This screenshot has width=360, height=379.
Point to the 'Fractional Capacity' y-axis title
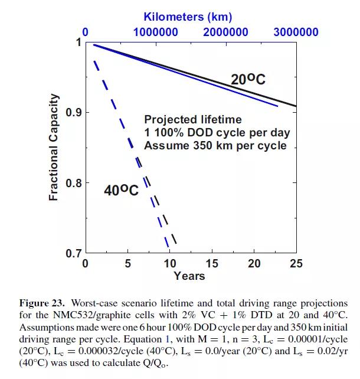(x=54, y=147)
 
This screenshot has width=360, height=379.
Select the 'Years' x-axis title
(x=189, y=276)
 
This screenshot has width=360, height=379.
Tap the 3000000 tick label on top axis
(x=296, y=32)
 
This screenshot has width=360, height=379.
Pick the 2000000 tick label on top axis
(x=226, y=32)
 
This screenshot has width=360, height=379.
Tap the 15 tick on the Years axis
(x=212, y=263)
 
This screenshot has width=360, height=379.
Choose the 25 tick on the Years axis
(x=296, y=263)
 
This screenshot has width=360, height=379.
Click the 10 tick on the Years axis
(x=170, y=263)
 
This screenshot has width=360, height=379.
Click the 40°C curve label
(x=121, y=190)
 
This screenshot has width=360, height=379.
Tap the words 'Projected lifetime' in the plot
(x=193, y=119)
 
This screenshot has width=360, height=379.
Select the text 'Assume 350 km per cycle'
(x=215, y=145)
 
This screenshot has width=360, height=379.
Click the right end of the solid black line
(x=296, y=106)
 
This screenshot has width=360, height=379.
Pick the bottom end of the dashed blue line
(x=168, y=246)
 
